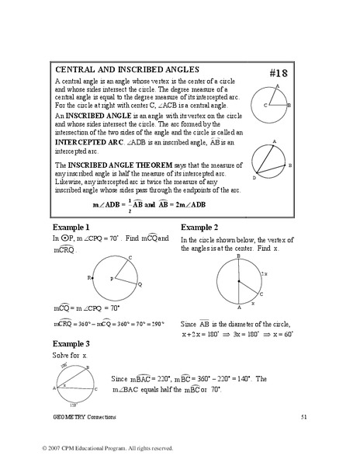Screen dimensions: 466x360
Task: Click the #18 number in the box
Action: coord(279,73)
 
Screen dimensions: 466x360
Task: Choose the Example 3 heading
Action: coord(71,343)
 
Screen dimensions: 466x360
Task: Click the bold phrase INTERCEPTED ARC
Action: coord(89,143)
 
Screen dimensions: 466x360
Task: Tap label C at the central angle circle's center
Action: coord(265,104)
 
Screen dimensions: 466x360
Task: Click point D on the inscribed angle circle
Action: coord(254,178)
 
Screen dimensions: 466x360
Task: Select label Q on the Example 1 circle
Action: coord(139,284)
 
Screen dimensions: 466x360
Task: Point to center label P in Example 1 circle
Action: coord(110,278)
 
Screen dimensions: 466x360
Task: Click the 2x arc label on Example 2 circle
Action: coord(265,274)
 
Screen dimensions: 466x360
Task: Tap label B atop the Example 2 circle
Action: coord(238,255)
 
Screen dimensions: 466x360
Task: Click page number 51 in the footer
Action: coord(305,417)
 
